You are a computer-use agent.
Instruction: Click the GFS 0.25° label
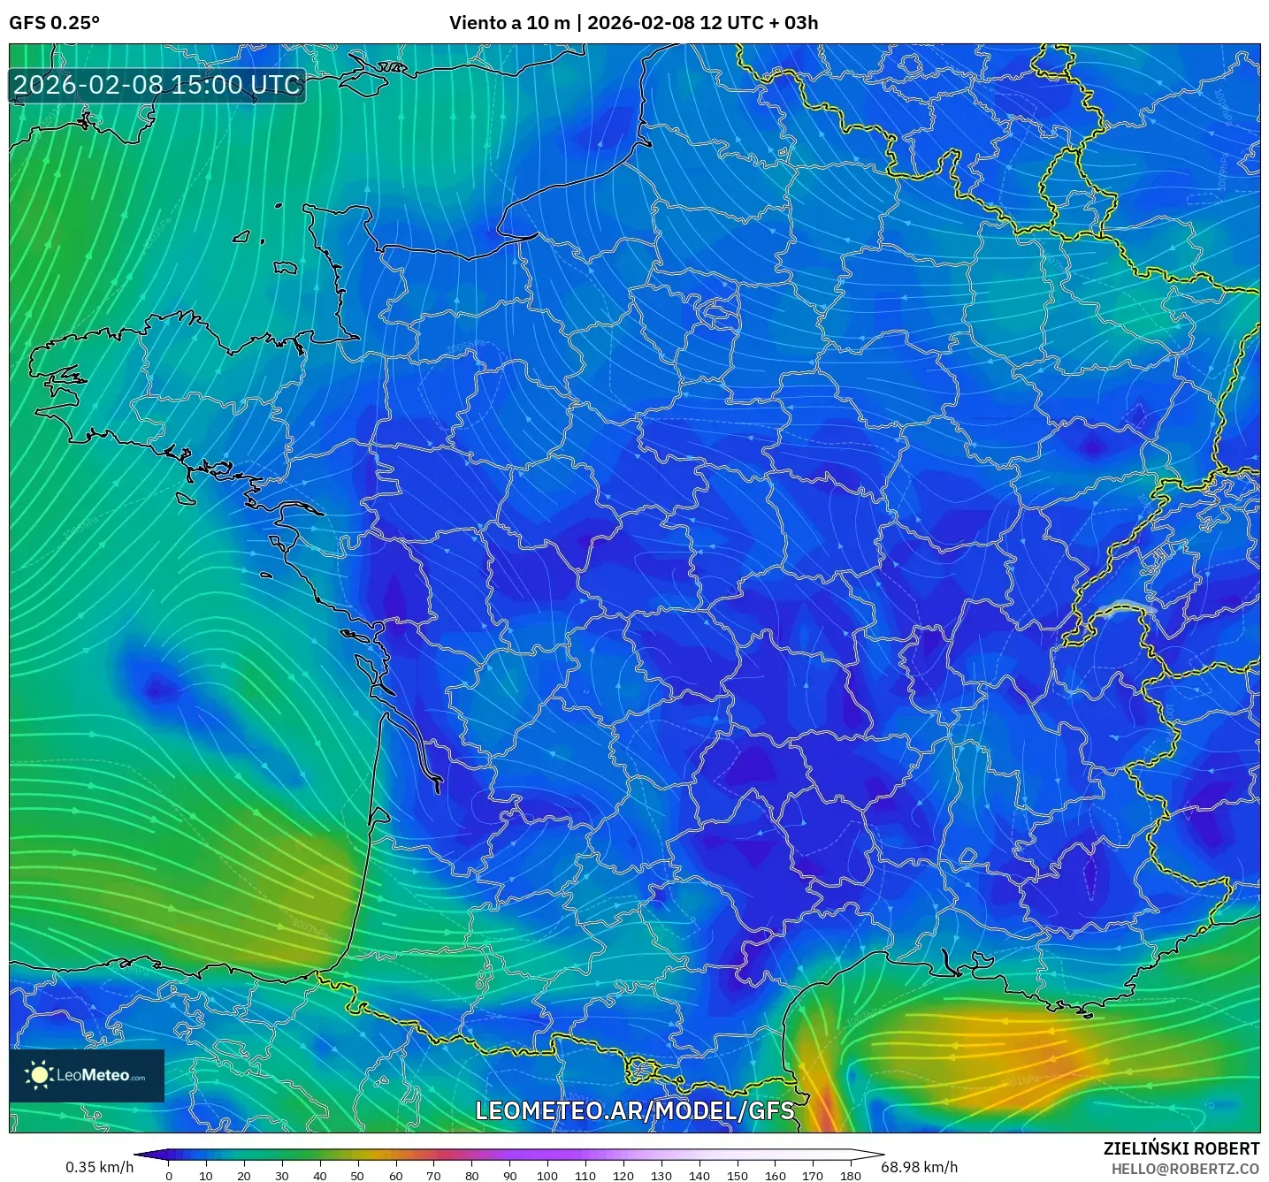(54, 23)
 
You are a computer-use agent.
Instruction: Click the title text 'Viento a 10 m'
(509, 23)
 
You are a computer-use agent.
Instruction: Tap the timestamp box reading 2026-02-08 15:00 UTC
(157, 86)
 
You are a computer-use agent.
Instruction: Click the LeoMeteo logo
(87, 1075)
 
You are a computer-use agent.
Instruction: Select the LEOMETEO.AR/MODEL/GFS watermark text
(634, 1110)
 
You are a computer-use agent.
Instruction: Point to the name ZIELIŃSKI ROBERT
(1181, 1148)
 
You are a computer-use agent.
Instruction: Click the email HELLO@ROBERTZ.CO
(1184, 1169)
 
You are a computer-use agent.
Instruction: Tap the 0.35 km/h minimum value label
(99, 1167)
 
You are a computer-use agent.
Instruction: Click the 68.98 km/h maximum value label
(919, 1167)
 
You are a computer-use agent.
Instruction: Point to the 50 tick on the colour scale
(357, 1175)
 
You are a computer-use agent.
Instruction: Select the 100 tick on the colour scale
(547, 1175)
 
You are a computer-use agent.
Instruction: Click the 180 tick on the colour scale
(850, 1175)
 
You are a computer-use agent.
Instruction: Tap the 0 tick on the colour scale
(169, 1175)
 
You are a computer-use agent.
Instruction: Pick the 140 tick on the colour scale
(699, 1175)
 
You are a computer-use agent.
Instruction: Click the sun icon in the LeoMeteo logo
(40, 1075)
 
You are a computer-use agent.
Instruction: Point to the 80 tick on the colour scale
(471, 1175)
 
